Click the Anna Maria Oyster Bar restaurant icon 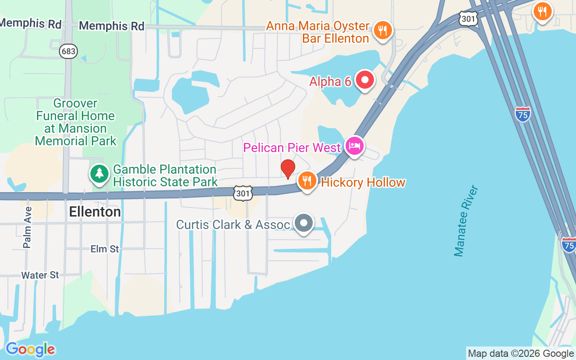382,31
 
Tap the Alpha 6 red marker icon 364,80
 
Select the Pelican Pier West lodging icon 355,146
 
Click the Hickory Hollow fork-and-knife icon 307,181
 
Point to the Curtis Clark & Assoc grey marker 304,223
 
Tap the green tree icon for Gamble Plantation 99,174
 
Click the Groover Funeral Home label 76,122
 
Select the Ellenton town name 95,212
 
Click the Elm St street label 104,249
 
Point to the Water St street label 40,275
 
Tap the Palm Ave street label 27,227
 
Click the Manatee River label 466,220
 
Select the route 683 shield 68,51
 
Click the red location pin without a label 288,168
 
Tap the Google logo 30,349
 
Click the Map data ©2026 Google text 521,354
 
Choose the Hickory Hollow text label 363,182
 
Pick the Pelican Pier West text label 292,148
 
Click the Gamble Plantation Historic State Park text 165,175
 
